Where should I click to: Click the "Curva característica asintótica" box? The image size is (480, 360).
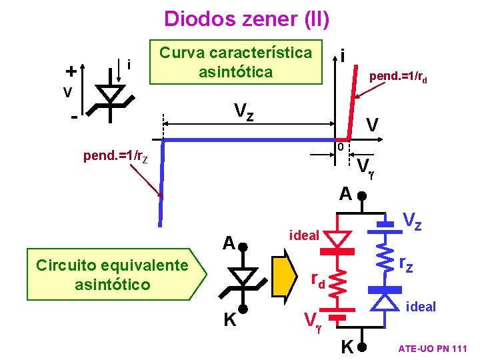click(236, 62)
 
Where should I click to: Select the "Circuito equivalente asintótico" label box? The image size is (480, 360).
click(112, 275)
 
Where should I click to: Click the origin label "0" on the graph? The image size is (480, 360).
click(339, 147)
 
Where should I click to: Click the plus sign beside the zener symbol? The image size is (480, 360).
click(69, 70)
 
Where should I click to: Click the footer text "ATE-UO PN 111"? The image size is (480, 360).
click(433, 349)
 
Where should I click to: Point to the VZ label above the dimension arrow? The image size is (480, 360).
click(243, 111)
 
